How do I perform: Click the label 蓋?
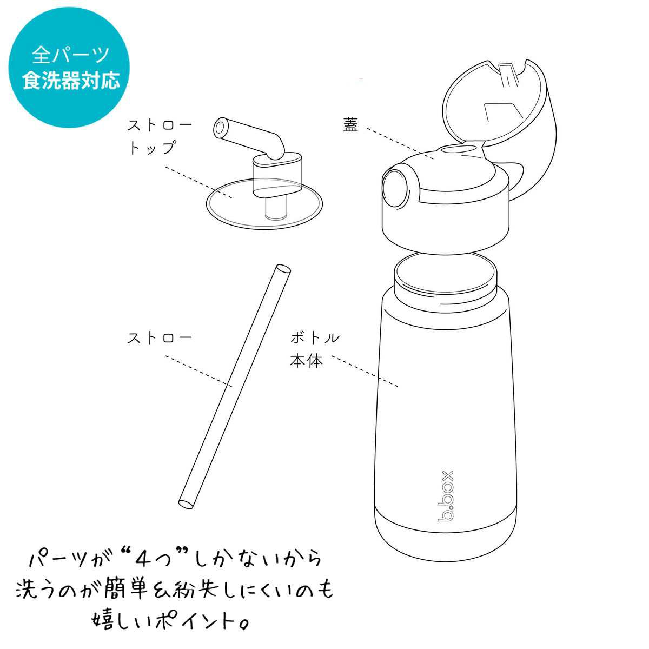point(350,124)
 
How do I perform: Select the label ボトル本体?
point(314,349)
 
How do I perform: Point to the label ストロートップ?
point(159,137)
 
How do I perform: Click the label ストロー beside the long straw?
point(160,338)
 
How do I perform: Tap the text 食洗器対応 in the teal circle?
point(71,81)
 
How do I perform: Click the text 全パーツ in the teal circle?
point(71,55)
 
